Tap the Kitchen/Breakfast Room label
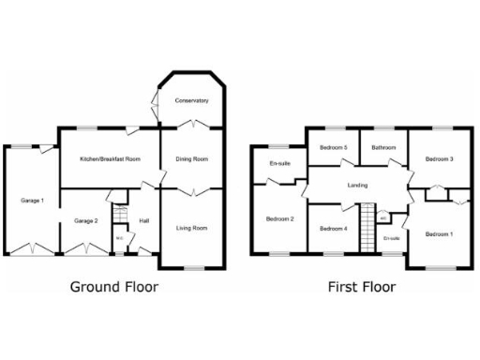point(111,159)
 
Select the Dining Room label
point(192,159)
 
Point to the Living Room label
point(192,228)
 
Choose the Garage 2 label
point(86,220)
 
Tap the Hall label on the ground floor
point(143,220)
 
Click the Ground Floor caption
point(114,287)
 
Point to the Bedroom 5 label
point(333,147)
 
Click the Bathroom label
point(383,147)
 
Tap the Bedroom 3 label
point(439,159)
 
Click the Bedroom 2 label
point(279,219)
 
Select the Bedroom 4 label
point(333,229)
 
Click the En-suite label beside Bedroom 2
point(279,164)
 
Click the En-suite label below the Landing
point(392,239)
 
